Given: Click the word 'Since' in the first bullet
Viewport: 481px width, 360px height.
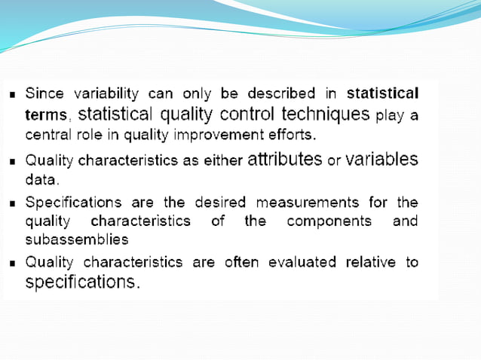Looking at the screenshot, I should [x=45, y=94].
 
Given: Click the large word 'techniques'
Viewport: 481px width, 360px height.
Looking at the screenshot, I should [x=326, y=114].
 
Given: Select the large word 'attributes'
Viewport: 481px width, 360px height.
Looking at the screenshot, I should [x=284, y=160].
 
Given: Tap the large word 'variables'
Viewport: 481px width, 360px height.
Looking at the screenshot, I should [x=381, y=160].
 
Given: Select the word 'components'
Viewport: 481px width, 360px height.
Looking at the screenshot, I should [x=329, y=221].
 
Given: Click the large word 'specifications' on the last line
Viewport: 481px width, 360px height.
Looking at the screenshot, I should [x=82, y=283].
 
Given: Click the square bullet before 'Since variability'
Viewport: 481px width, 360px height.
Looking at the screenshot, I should [x=14, y=96].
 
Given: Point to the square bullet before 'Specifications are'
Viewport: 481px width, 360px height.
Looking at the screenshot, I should [x=14, y=203].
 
